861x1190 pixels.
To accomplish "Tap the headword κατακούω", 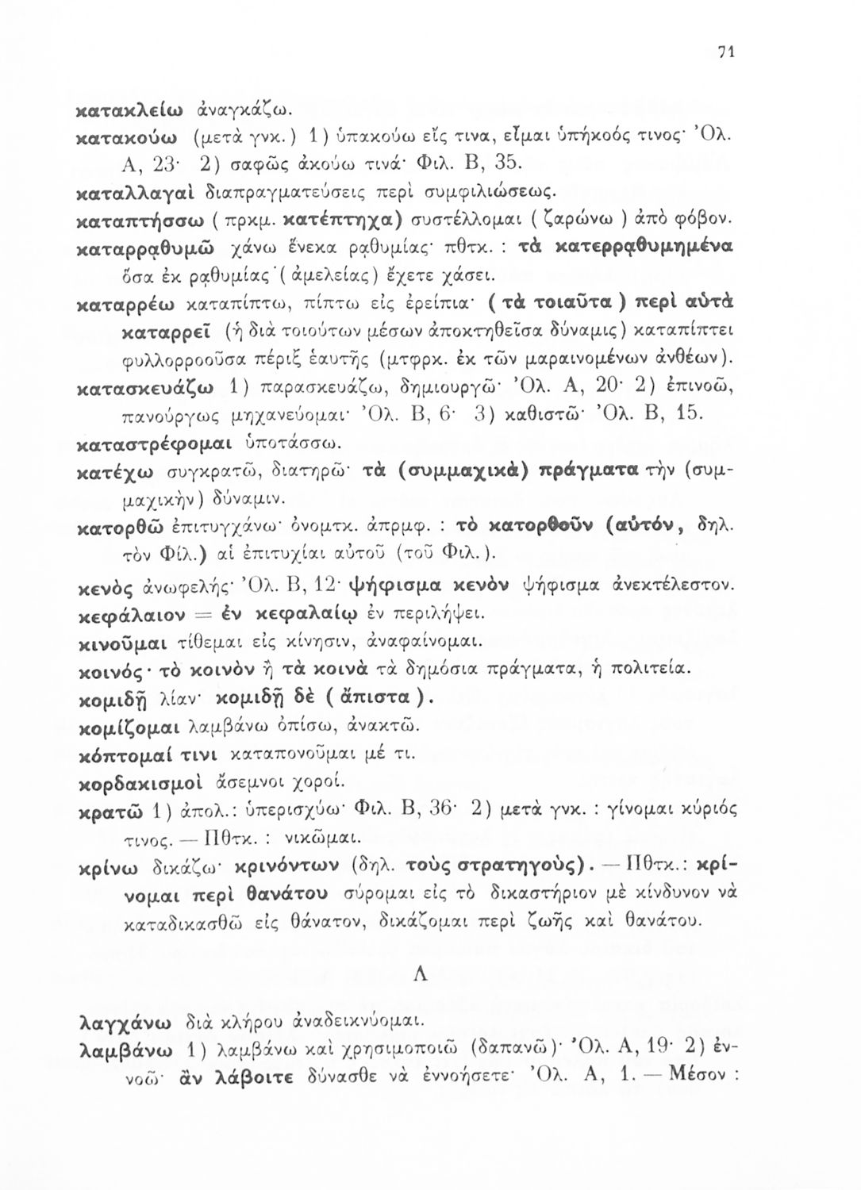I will pos(126,130).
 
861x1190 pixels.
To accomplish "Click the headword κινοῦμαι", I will pos(124,640).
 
